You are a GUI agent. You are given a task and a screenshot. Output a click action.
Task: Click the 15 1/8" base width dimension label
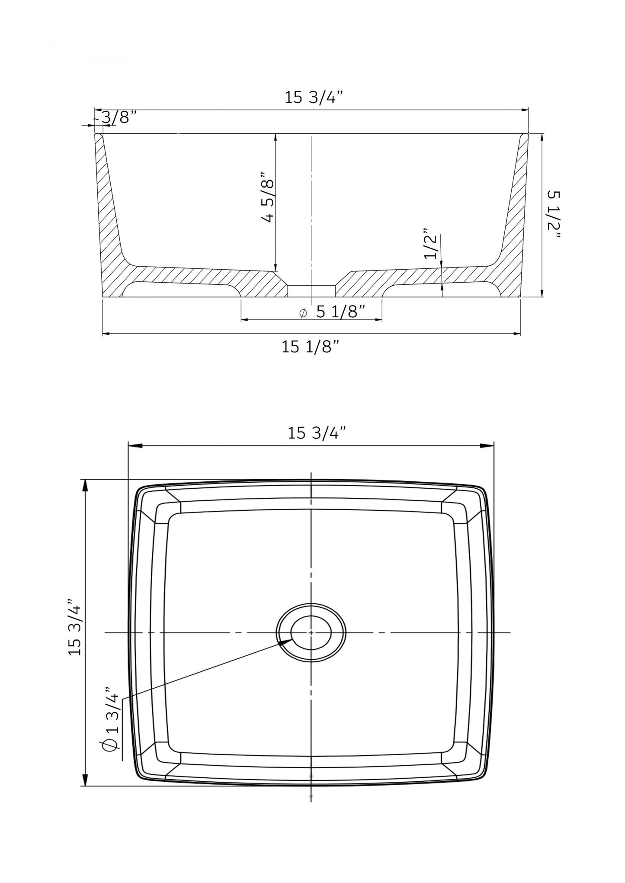[x=310, y=347]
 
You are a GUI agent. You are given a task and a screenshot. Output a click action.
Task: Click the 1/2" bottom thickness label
[x=431, y=244]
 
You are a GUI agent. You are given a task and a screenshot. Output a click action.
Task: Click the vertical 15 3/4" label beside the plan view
[x=75, y=627]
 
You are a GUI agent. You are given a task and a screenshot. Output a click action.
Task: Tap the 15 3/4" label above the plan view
[x=317, y=433]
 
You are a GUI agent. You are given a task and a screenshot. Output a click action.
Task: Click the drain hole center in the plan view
[x=311, y=632]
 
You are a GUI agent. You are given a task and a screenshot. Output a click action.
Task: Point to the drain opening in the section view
[x=311, y=290]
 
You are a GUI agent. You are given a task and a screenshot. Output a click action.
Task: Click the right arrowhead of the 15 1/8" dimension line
[x=517, y=334]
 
